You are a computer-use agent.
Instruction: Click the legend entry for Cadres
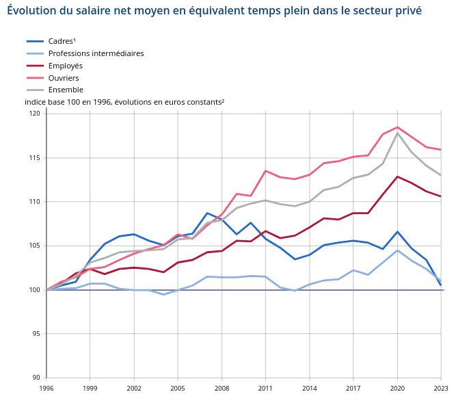coord(62,41)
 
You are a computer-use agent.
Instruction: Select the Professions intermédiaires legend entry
coord(96,53)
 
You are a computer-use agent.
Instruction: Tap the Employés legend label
coord(65,66)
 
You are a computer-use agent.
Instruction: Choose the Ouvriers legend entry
coord(64,78)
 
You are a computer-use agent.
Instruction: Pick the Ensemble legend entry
coord(66,90)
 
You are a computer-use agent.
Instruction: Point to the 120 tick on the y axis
coord(35,114)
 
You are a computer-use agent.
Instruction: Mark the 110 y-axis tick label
coord(35,202)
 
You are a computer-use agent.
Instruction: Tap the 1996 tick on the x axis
coord(46,388)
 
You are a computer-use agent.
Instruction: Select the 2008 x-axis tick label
coord(222,388)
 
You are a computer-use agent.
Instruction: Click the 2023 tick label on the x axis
coord(441,388)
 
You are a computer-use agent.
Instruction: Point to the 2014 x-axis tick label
coord(309,388)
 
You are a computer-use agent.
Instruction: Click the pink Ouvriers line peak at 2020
coord(397,127)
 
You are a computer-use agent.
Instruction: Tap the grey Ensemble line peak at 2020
coord(397,133)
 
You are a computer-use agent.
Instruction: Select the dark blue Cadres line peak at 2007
coord(207,213)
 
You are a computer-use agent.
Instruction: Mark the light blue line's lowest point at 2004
coord(163,294)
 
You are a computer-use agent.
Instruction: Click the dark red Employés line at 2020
coord(397,177)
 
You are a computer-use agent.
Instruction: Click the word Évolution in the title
coord(29,11)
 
